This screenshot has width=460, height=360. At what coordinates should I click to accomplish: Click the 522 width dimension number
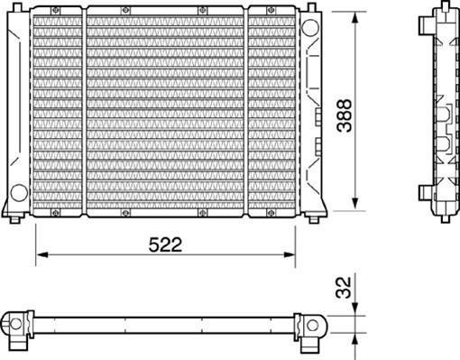coord(165,245)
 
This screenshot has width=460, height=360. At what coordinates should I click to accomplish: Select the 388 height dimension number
coord(344,115)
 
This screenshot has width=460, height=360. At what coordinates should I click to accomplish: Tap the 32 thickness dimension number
coord(344,288)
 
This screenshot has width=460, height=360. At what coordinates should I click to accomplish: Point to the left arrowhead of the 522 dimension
coord(42,254)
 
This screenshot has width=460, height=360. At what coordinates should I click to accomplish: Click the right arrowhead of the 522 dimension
coord(290,254)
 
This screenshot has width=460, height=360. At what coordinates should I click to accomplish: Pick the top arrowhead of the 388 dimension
coord(355,18)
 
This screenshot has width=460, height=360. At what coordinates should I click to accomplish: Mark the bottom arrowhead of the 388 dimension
coord(355,204)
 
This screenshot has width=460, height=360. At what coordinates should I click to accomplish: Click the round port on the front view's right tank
coord(310,27)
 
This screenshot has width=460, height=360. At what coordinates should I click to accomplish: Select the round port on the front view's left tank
coord(19,193)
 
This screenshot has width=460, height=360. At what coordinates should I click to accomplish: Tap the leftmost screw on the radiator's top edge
coord(56,11)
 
